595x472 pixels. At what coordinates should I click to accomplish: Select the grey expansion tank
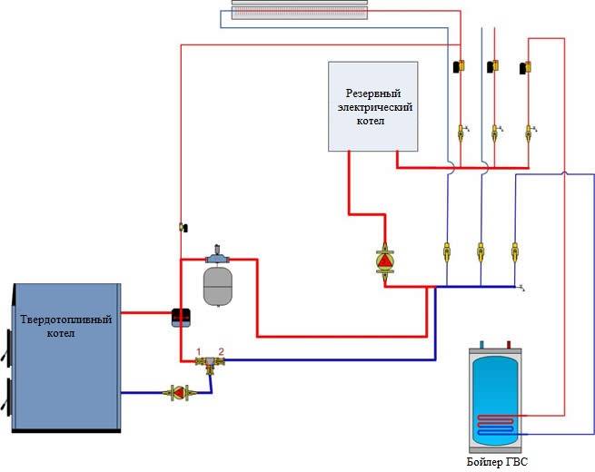pos(217,284)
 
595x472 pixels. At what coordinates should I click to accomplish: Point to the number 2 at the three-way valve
pos(220,351)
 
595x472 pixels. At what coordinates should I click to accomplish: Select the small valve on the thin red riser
pos(182,227)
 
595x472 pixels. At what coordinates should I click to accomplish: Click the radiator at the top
pos(300,10)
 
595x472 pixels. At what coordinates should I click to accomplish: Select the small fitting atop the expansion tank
pos(216,251)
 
